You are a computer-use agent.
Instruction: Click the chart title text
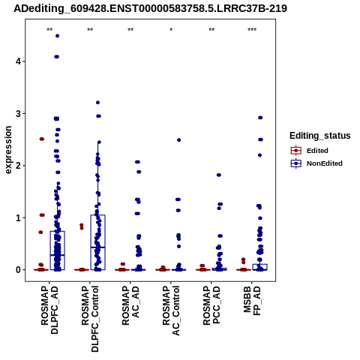tap(150, 9)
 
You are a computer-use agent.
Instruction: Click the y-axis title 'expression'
tap(8, 150)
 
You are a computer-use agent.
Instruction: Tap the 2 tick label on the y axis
tap(19, 166)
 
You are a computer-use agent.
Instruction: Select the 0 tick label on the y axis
tap(19, 270)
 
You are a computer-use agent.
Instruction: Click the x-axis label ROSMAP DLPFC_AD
tap(49, 310)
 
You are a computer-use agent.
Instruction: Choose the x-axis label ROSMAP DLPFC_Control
tap(90, 319)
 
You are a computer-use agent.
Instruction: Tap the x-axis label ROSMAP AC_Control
tap(171, 310)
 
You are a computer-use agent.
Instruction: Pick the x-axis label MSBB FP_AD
tap(252, 301)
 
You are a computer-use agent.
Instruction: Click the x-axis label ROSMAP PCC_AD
tap(211, 305)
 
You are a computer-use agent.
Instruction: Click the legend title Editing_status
tap(320, 136)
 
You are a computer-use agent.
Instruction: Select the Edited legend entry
tap(310, 151)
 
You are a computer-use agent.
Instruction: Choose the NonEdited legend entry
tap(316, 163)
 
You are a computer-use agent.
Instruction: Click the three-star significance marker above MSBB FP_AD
tap(252, 30)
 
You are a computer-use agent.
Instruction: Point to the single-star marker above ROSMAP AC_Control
tap(171, 30)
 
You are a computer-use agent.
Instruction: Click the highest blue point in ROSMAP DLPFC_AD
tap(58, 36)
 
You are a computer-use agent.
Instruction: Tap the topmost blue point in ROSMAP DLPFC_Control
tap(98, 103)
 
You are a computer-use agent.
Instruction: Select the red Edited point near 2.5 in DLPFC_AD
tap(42, 139)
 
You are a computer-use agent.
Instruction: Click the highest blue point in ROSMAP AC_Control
tap(178, 140)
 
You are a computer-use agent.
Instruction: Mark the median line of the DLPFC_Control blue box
tap(98, 247)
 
